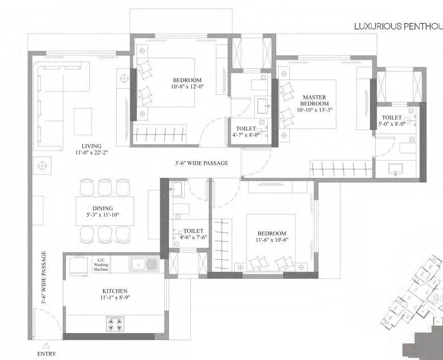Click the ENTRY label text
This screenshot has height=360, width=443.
(46, 354)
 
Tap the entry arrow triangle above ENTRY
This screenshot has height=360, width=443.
(46, 345)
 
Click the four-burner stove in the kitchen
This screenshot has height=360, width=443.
(115, 324)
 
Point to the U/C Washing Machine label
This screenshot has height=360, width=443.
(101, 265)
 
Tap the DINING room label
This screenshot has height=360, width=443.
(103, 208)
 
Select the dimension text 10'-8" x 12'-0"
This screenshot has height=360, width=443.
(187, 87)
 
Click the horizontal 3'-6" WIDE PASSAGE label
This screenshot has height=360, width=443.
(201, 163)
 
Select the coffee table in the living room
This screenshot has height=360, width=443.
(83, 121)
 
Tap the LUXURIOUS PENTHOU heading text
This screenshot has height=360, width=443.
(398, 27)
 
